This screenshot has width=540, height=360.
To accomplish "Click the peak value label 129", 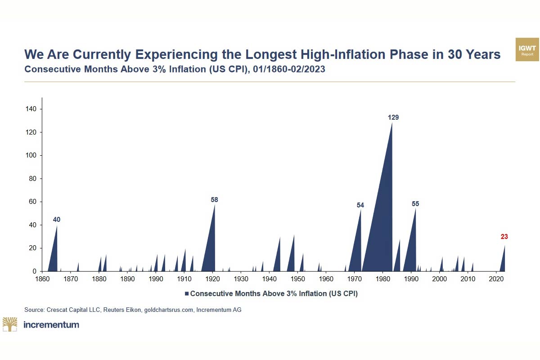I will [393, 117].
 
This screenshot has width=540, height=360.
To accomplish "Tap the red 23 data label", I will [504, 237].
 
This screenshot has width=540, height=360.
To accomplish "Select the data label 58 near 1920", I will [214, 200].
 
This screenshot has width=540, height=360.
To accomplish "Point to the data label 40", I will [57, 220].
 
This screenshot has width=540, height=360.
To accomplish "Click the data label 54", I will [360, 205].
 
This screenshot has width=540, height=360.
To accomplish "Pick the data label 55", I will [415, 204].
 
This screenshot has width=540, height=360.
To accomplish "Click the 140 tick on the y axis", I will [32, 109].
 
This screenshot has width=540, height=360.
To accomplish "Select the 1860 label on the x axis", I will [42, 279].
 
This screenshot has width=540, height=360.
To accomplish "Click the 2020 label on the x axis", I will [496, 279].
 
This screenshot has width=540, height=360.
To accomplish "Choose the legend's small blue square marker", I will [187, 293].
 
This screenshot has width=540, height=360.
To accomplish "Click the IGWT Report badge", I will [527, 50].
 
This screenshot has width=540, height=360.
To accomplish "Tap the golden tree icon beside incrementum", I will [9, 324].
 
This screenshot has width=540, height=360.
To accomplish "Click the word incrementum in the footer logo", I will [51, 324].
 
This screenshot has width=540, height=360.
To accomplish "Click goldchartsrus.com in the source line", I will [168, 310].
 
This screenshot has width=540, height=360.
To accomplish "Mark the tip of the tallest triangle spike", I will [392, 122].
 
